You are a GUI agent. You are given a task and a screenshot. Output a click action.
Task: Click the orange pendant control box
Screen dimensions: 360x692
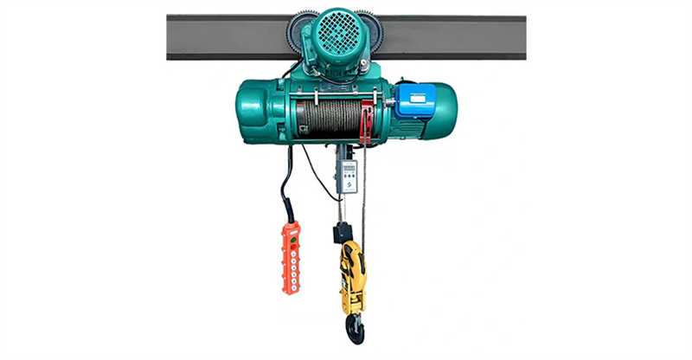tap(291, 257)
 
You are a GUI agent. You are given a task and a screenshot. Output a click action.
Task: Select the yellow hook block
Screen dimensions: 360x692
tap(352, 277)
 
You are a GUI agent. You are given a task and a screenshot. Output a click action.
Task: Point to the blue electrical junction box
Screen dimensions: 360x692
tap(414, 100)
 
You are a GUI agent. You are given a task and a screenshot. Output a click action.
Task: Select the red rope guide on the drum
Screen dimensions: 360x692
tap(367, 122)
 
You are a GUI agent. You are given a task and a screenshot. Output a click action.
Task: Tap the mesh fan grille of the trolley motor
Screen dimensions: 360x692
tap(332, 36)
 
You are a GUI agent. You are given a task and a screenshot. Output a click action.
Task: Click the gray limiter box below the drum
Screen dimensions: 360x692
tap(349, 176)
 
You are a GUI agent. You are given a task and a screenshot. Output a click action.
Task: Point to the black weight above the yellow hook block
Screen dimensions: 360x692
tap(343, 232)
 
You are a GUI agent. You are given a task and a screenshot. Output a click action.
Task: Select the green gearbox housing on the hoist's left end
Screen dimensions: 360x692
tap(259, 111)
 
